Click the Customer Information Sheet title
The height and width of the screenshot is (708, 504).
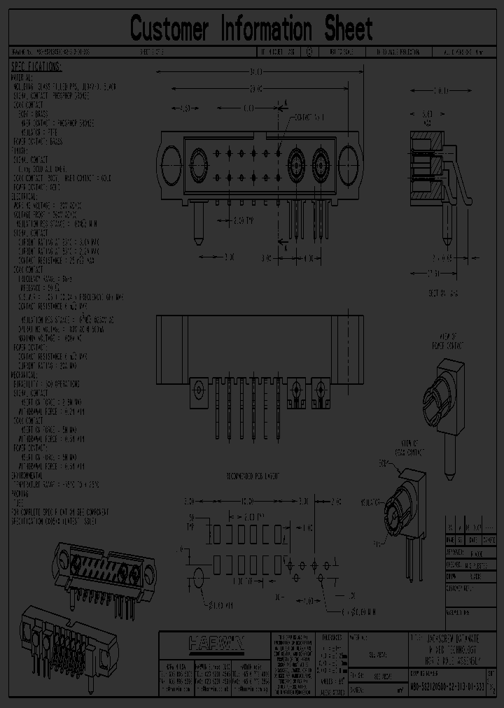click(251, 29)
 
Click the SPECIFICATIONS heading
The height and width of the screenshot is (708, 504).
click(36, 67)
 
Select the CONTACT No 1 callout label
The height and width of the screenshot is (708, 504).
click(311, 116)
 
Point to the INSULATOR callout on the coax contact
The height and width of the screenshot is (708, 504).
click(372, 502)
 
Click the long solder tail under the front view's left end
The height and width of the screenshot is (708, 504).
click(198, 222)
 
